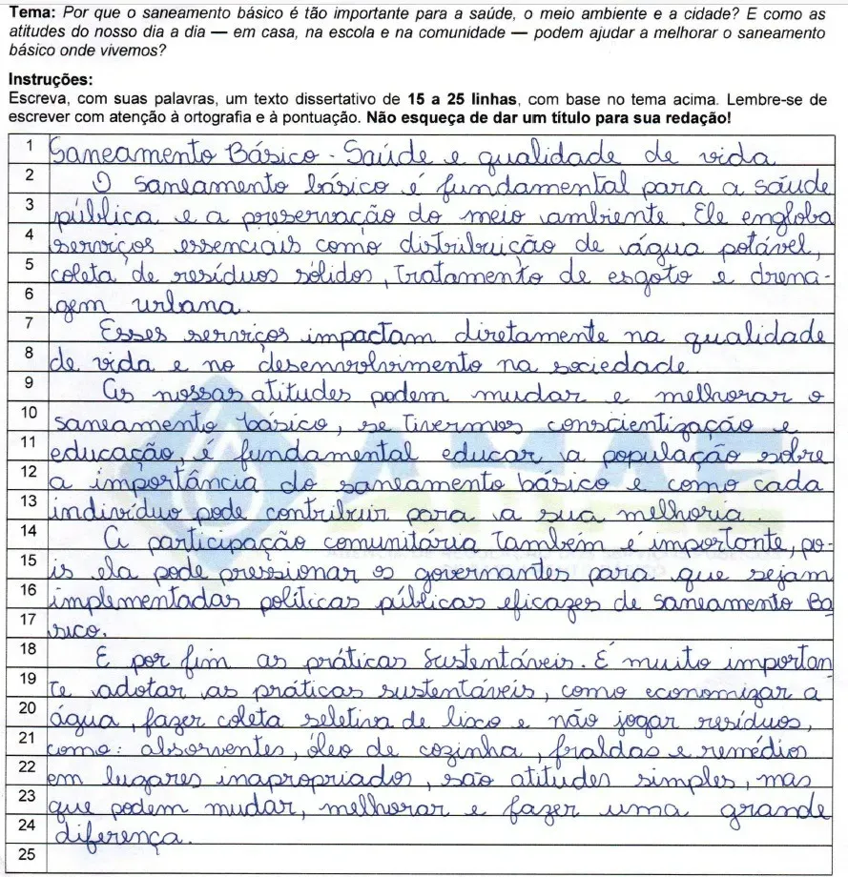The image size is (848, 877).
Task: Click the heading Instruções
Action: click(50, 79)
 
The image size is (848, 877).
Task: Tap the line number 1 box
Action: click(29, 146)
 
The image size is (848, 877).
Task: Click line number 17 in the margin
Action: click(29, 618)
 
